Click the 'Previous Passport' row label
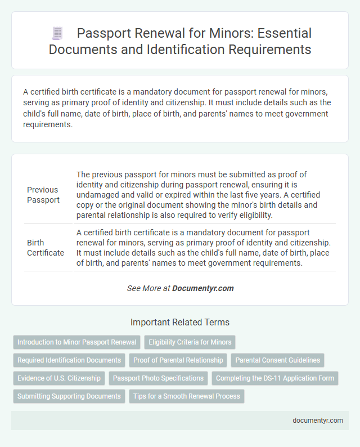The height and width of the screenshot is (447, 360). pos(43,195)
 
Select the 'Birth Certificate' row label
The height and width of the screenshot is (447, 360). pos(46,248)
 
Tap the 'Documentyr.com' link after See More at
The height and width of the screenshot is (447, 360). pos(203,288)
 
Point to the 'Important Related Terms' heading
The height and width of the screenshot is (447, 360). pos(179,323)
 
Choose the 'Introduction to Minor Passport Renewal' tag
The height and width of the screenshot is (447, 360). pos(76,342)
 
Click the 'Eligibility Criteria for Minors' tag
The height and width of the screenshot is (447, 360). pos(190,342)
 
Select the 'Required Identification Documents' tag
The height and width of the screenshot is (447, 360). pos(69,360)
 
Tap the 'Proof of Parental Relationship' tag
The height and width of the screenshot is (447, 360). pos(178,360)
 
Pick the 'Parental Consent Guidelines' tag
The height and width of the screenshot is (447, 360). pos(278,360)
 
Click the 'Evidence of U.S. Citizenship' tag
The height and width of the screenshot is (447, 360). pos(59,378)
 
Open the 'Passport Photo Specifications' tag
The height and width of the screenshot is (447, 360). pos(159,378)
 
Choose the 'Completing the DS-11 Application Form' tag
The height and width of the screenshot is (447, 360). pos(275,378)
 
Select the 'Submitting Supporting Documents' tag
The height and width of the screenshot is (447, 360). pos(69,396)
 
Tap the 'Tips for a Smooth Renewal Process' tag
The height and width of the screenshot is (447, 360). pos(187,396)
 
